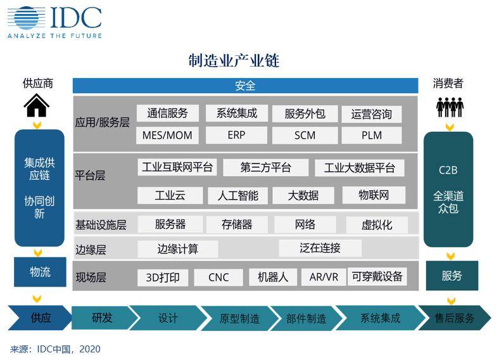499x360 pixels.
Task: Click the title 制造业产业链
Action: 234,61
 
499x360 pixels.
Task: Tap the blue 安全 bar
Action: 245,86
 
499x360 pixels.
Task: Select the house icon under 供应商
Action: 37,105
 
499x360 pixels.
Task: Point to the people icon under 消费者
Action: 450,106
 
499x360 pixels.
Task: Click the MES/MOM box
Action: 167,135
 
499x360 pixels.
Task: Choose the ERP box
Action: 236,135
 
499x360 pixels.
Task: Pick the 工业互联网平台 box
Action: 177,167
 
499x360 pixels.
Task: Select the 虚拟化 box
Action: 376,224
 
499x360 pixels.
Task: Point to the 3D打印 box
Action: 163,278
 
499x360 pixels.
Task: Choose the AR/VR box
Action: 324,277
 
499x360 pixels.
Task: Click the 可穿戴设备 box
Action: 377,276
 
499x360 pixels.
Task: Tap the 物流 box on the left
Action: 40,273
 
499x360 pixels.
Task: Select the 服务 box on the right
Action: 452,276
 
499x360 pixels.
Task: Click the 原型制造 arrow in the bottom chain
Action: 239,318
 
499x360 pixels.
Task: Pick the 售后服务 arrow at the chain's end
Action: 453,318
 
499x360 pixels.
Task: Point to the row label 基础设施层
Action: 101,225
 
